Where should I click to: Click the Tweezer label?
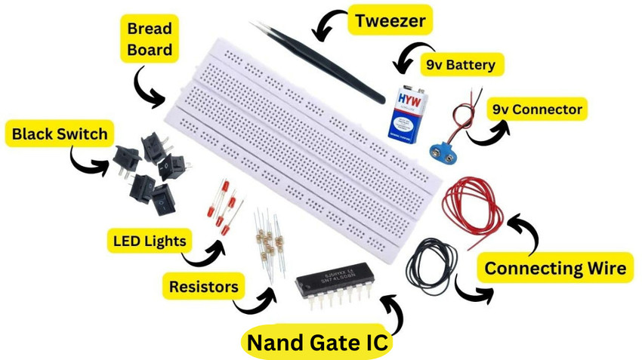390,21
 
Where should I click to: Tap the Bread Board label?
149,40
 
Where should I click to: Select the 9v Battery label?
460,65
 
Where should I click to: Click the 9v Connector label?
536,109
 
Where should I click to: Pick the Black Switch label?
59,136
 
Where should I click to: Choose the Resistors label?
203,287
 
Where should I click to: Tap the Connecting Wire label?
554,268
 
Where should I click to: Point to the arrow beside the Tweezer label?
330,26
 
